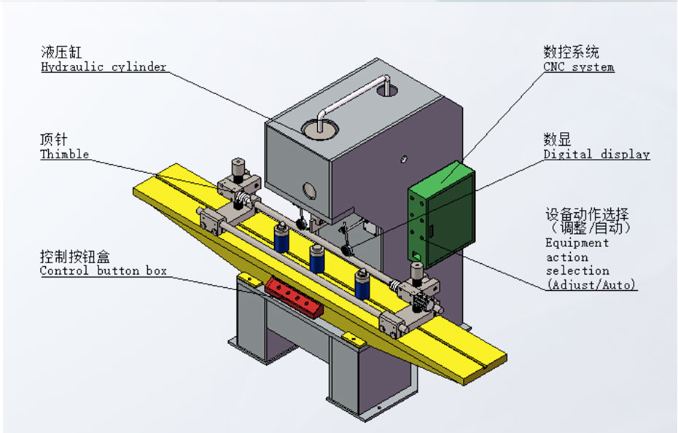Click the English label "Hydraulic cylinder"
(103, 67)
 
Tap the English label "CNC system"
(578, 67)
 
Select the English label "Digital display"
(596, 155)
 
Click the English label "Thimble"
(64, 155)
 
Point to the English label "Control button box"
(103, 271)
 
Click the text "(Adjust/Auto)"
(591, 285)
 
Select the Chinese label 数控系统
(571, 52)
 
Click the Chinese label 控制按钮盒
(75, 257)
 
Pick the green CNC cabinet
(440, 215)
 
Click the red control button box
(292, 295)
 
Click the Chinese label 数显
(557, 139)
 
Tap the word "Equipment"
(577, 243)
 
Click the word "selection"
(577, 271)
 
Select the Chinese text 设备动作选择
(587, 215)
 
